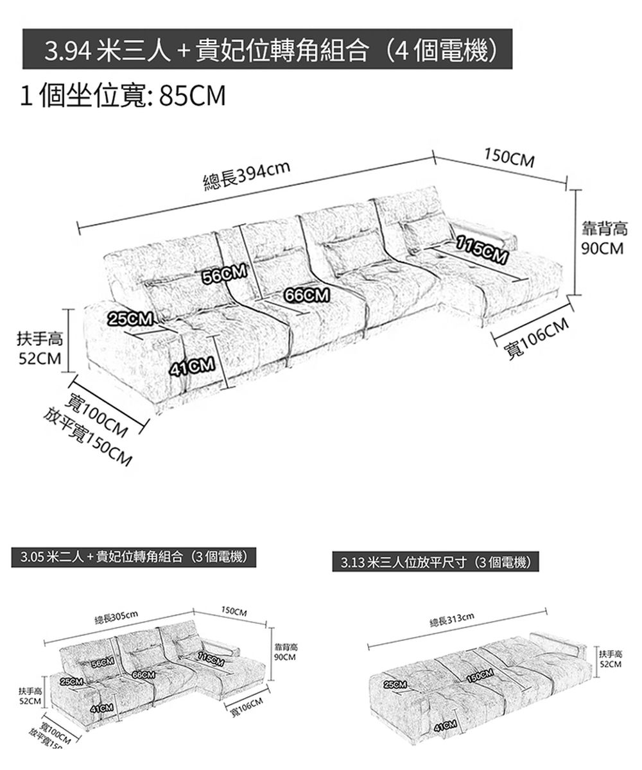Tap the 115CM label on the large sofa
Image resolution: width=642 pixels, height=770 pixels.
click(x=482, y=250)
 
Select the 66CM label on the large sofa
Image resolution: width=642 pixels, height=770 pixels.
click(x=308, y=295)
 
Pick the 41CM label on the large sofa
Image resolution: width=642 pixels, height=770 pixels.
click(x=191, y=367)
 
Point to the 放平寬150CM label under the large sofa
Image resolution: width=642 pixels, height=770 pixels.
click(x=89, y=436)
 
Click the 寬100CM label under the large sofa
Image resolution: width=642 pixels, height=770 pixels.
click(x=100, y=416)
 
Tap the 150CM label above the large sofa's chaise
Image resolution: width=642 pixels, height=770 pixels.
click(x=509, y=158)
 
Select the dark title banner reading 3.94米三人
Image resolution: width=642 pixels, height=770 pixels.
click(x=268, y=49)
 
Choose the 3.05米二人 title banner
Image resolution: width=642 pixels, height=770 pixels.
click(x=134, y=556)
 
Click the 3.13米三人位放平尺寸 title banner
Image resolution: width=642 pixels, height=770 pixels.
click(x=436, y=563)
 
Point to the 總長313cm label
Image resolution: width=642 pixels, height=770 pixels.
click(x=452, y=618)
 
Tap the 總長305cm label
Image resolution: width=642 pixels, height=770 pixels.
click(x=116, y=617)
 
